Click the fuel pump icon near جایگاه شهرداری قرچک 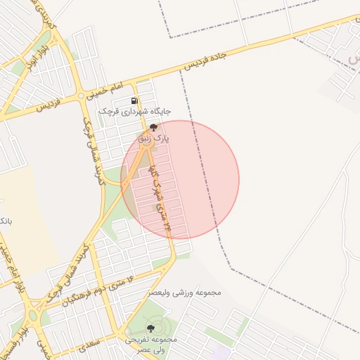click(x=134, y=101)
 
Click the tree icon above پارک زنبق click(x=153, y=128)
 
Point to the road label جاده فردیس click(x=214, y=56)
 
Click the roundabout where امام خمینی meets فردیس click(x=82, y=95)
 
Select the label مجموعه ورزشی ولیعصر click(x=186, y=292)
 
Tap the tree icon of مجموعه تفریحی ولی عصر click(x=151, y=328)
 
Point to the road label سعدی click(x=89, y=344)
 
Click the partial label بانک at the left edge click(x=5, y=221)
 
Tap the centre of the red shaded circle click(x=180, y=179)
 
